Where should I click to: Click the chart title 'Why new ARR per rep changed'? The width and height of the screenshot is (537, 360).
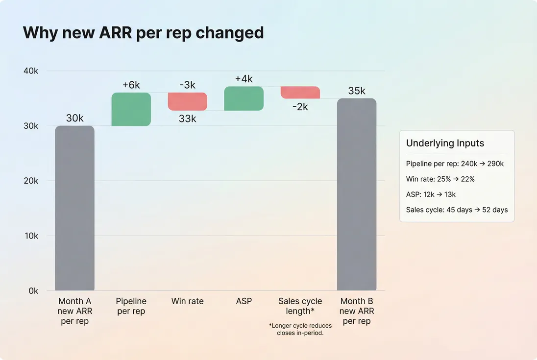(x=143, y=33)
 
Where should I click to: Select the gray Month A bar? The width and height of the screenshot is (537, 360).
(x=74, y=208)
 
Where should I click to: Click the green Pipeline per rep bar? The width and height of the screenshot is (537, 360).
(x=131, y=109)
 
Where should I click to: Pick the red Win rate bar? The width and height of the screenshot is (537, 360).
(x=188, y=101)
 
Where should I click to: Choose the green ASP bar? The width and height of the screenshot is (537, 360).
(x=244, y=98)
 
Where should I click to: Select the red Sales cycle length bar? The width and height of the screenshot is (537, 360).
(x=300, y=93)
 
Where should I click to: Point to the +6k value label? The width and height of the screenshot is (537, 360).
(x=131, y=85)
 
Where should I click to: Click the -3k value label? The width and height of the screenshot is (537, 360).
(x=188, y=85)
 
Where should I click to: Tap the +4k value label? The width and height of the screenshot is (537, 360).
(x=244, y=79)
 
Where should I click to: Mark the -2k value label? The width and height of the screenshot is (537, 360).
(x=300, y=106)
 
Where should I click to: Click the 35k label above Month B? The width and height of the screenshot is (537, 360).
(x=356, y=91)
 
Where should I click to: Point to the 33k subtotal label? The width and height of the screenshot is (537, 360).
(x=187, y=118)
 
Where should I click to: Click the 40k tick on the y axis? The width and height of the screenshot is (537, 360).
(x=30, y=71)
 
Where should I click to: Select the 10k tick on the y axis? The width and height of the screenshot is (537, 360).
(x=30, y=236)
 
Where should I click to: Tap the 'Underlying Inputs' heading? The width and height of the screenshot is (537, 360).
(x=445, y=143)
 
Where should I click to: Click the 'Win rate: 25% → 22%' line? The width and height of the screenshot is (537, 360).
(x=440, y=179)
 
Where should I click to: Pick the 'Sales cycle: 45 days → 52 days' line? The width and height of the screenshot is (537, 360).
(x=457, y=210)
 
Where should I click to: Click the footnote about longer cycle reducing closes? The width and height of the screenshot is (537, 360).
(x=300, y=329)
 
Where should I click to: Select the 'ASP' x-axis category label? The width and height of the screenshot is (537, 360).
(x=244, y=301)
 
